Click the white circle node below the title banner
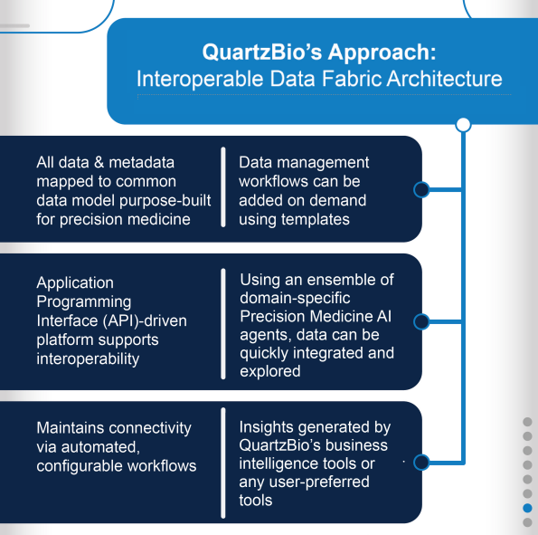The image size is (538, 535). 463,124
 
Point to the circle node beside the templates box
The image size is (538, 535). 420,190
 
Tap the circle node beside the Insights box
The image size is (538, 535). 420,462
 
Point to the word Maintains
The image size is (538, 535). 73,427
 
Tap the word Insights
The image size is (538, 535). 269,426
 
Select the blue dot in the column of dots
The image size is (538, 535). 527,509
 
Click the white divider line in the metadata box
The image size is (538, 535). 223,189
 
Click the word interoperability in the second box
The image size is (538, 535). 88,359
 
